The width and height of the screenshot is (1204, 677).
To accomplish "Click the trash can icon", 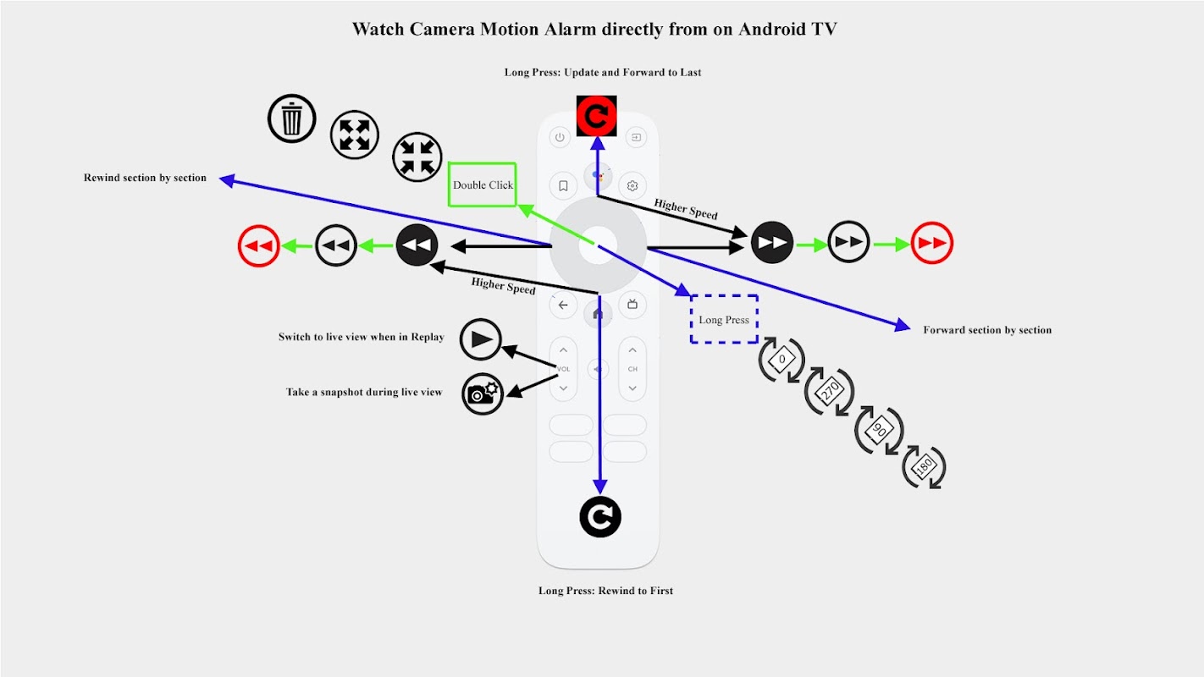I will tap(292, 118).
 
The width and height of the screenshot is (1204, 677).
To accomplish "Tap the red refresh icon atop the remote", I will tap(597, 116).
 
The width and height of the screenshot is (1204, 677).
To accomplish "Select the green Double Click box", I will tap(483, 184).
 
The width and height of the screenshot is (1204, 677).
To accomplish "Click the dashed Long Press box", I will tap(724, 319).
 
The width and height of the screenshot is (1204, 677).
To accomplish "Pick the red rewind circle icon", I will tap(258, 246).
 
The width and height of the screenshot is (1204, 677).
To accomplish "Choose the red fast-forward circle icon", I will tap(932, 245).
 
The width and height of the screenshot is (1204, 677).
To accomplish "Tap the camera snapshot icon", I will tap(483, 394).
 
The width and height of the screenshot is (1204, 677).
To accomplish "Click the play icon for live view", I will tap(481, 340).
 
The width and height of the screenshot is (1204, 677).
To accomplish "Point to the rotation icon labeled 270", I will tap(830, 391).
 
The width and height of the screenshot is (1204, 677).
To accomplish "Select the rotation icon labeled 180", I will tap(924, 466).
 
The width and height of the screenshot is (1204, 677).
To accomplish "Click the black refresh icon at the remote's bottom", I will tap(600, 517).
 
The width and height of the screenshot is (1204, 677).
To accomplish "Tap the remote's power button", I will tap(559, 137).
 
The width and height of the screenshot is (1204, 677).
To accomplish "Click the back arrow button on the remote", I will tap(563, 305).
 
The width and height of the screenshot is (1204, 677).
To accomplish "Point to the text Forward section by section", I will tap(987, 330).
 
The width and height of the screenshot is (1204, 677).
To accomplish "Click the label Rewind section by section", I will tap(145, 178).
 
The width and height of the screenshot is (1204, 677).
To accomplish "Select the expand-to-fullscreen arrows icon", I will tap(354, 135).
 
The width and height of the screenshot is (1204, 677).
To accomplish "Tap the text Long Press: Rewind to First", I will tap(605, 591).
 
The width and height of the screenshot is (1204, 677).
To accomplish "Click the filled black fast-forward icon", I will tap(772, 243).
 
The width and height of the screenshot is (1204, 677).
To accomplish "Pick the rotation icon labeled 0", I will tap(781, 360).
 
